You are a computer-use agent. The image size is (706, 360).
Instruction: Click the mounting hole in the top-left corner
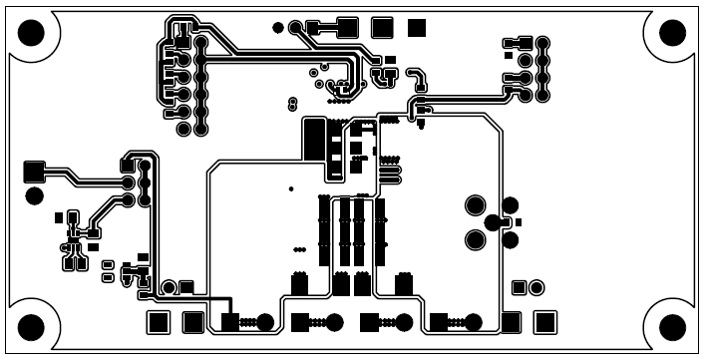coord(32,34)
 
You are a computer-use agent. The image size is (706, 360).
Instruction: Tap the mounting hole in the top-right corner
coord(673,34)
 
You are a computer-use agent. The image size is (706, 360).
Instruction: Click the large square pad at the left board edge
coord(34,171)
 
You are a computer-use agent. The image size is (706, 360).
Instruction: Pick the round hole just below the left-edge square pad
coord(34,194)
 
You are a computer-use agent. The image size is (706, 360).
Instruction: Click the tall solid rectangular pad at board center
coord(313,138)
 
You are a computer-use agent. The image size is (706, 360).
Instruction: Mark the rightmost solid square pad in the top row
coord(417,28)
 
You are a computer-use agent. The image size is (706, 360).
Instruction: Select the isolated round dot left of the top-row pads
coord(276,28)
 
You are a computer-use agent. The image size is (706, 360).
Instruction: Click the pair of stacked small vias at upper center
coord(291,103)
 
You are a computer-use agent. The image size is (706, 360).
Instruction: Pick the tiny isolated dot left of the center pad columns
coord(290,187)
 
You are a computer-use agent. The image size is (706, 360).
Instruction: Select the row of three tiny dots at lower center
coord(298,249)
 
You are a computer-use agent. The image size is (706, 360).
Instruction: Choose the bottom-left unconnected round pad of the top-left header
coord(183,130)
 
